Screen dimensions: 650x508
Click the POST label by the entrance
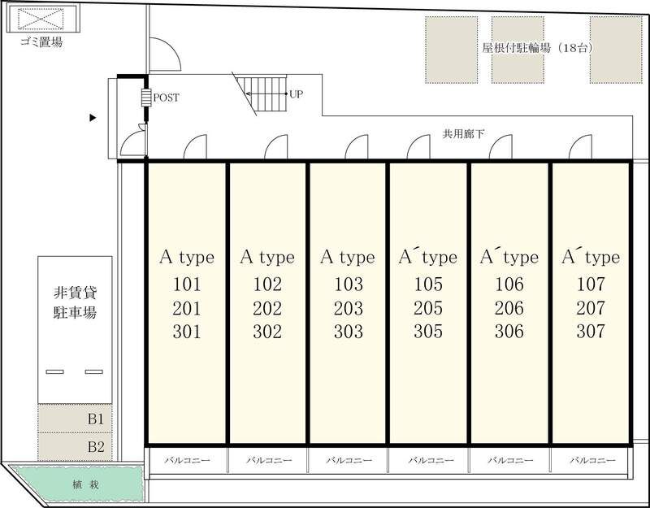(167, 98)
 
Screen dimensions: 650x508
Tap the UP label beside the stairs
(296, 94)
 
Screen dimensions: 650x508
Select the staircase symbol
(260, 93)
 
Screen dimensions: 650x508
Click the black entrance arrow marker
(93, 118)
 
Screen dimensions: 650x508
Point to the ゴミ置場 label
(41, 42)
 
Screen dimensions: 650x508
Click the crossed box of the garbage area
(41, 19)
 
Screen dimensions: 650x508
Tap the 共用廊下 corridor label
(463, 134)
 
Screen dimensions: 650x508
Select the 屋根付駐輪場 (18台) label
(538, 48)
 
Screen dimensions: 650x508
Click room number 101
(187, 284)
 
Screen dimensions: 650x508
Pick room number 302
(267, 332)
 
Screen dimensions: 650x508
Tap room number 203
(349, 308)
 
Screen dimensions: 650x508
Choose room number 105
(428, 284)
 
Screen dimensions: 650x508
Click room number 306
(509, 332)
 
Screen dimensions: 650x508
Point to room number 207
(591, 308)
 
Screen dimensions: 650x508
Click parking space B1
(75, 419)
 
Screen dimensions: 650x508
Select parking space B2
(75, 446)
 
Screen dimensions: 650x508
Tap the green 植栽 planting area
(76, 484)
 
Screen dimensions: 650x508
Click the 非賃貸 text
(75, 293)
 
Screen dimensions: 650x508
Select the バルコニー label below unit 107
(592, 460)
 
